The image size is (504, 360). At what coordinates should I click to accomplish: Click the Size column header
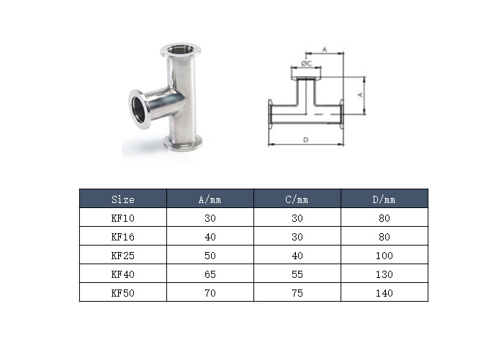[122, 199]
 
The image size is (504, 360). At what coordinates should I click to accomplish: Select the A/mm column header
[210, 199]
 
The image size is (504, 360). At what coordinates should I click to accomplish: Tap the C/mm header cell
[297, 199]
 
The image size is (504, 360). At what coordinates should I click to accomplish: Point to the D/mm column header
[384, 199]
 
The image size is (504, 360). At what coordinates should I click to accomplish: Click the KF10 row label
[122, 218]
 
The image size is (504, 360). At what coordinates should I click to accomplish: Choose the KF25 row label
[122, 256]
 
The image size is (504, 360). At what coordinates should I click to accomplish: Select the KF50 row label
[122, 293]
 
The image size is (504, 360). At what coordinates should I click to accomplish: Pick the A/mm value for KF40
[210, 274]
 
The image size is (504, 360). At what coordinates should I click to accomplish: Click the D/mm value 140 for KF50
[384, 293]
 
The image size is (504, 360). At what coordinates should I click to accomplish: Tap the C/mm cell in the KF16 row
[297, 237]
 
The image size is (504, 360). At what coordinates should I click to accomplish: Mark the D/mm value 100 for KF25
[384, 256]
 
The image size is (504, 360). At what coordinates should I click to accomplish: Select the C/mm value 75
[297, 293]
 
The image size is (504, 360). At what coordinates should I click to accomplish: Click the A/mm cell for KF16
[210, 237]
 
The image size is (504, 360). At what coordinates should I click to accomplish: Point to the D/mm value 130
[384, 274]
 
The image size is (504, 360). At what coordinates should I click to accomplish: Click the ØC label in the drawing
[306, 63]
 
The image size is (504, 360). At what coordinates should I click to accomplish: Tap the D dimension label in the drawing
[306, 140]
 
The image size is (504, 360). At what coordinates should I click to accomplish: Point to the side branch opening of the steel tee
[138, 110]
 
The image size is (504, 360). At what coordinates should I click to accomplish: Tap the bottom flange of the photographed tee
[183, 143]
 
